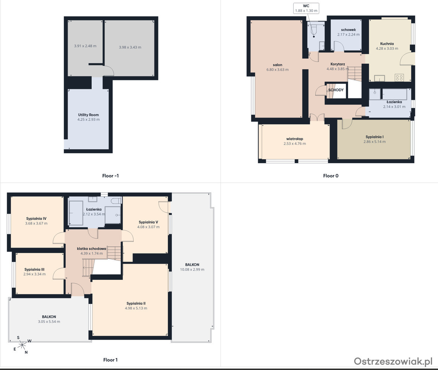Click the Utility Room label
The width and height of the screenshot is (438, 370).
click(88, 115)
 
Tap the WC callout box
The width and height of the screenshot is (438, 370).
click(306, 8)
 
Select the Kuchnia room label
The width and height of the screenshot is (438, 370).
click(387, 43)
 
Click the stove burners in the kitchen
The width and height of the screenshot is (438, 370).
click(399, 77)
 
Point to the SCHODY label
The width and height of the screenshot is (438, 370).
click(336, 90)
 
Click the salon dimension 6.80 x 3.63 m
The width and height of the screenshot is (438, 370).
click(277, 69)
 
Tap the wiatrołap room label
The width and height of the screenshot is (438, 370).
click(294, 139)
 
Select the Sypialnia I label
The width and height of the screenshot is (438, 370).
click(374, 137)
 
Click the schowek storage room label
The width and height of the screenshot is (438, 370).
click(348, 30)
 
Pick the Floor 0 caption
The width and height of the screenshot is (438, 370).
click(331, 176)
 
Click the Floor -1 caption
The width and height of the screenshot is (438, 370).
click(110, 176)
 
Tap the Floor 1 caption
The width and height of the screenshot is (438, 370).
click(110, 360)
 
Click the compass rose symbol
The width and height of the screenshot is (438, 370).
click(22, 346)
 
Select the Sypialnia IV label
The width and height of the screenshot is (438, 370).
click(36, 219)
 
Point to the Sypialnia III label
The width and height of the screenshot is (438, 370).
click(35, 269)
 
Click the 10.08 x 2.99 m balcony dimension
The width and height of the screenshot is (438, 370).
click(192, 269)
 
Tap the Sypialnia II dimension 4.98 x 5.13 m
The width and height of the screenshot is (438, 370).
click(136, 308)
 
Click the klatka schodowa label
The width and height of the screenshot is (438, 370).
click(92, 249)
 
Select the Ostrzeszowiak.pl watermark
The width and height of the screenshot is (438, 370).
click(393, 361)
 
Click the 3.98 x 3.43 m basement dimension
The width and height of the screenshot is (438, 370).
click(130, 47)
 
